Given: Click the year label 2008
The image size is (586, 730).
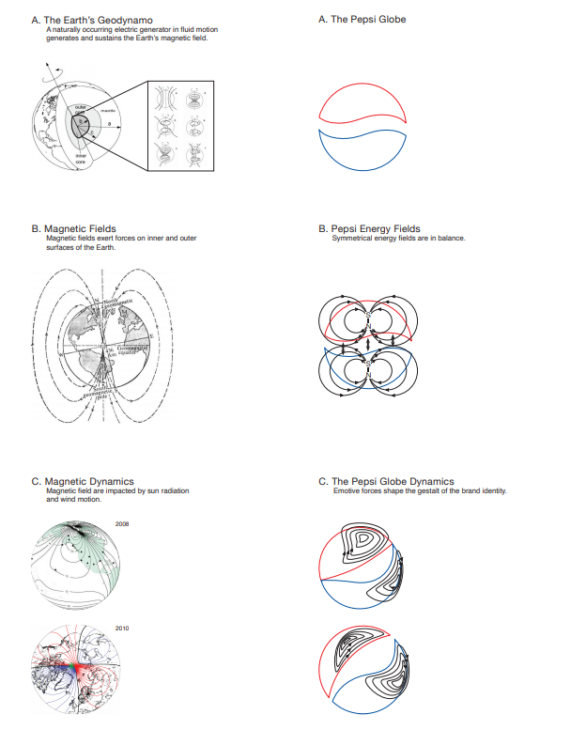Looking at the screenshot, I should [121, 522].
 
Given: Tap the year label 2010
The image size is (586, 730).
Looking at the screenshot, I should [121, 627].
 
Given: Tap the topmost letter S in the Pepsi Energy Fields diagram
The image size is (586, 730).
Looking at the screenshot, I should [368, 314].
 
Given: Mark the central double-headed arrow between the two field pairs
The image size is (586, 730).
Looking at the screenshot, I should [368, 346].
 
